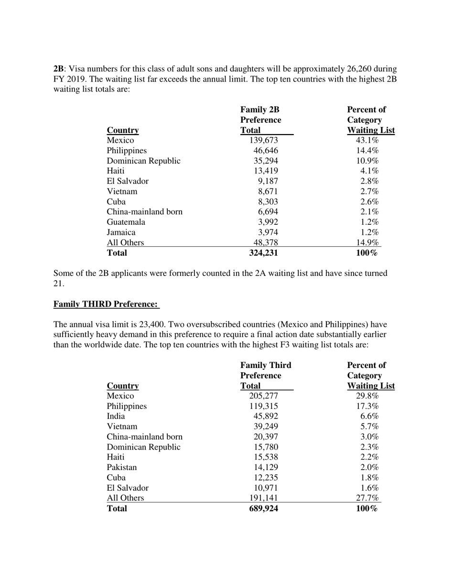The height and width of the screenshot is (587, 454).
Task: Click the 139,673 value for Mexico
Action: pos(263,140)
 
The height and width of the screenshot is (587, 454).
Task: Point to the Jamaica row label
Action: pos(121,232)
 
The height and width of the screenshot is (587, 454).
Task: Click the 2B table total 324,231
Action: pos(263,253)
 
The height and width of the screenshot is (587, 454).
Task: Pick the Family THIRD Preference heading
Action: pos(106,304)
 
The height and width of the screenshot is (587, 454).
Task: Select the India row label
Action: pos(116,417)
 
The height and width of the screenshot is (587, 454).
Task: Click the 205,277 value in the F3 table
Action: pos(263,396)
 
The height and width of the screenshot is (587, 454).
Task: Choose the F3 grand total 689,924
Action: pos(263,509)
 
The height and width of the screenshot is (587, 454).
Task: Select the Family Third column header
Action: pos(266,366)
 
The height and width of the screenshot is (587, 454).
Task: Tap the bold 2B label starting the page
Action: pos(59,69)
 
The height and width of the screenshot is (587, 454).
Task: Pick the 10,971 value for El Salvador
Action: pos(265,488)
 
